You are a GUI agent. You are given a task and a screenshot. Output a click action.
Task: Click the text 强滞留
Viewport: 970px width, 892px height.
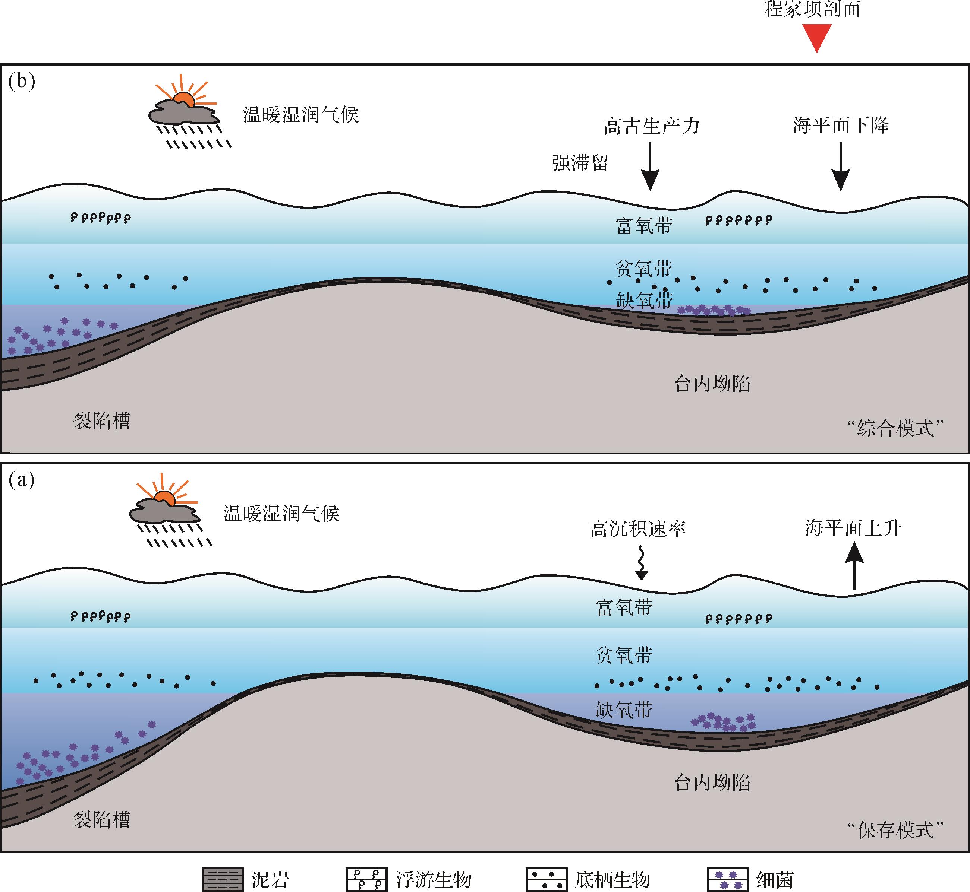coord(580,163)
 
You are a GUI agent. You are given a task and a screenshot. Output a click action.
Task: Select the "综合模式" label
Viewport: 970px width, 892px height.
coord(895,428)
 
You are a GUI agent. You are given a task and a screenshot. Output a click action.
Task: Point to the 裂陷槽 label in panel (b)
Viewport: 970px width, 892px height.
coord(101,421)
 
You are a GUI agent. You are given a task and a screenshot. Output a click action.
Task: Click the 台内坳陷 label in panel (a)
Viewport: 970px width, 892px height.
coord(712,783)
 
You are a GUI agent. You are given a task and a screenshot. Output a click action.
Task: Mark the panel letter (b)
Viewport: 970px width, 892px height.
coord(22,82)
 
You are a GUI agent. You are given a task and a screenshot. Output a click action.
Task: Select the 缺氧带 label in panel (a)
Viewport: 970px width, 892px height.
coord(624,710)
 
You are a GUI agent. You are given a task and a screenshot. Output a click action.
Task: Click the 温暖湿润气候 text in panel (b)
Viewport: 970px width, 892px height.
coord(300,115)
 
